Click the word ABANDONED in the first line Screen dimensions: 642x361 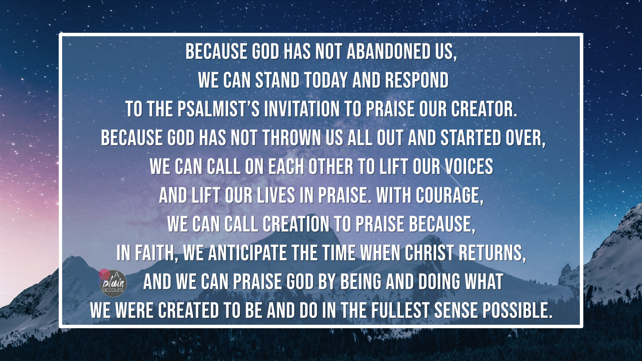(389, 52)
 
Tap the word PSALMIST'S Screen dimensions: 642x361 (218, 109)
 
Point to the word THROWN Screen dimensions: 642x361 (291, 138)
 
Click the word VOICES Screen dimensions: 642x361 (469, 167)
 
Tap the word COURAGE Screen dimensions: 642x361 (449, 196)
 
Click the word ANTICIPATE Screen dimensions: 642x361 (247, 253)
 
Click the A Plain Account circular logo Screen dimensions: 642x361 (113, 283)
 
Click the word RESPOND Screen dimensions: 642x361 (416, 81)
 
